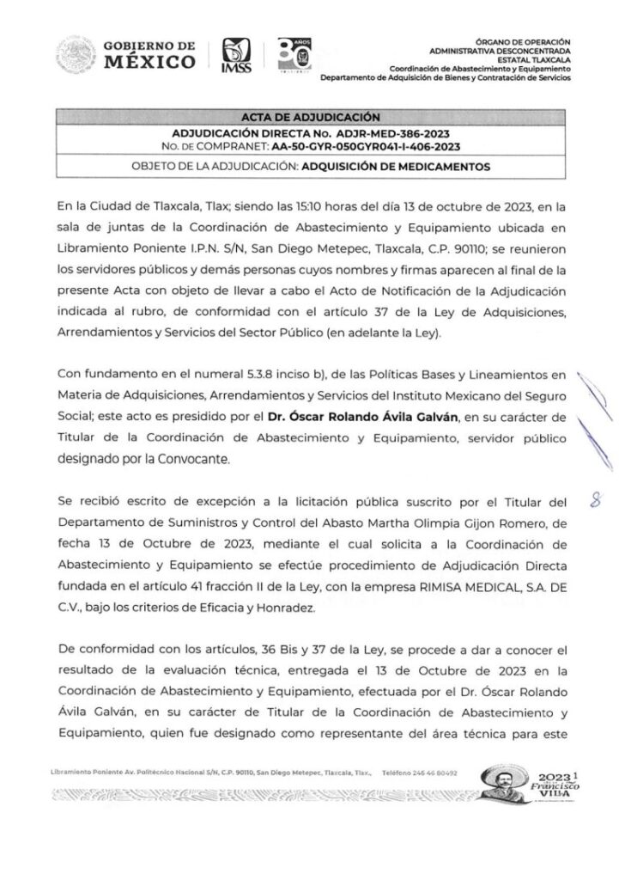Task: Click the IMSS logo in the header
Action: click(x=236, y=57)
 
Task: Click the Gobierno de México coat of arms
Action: click(x=74, y=57)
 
